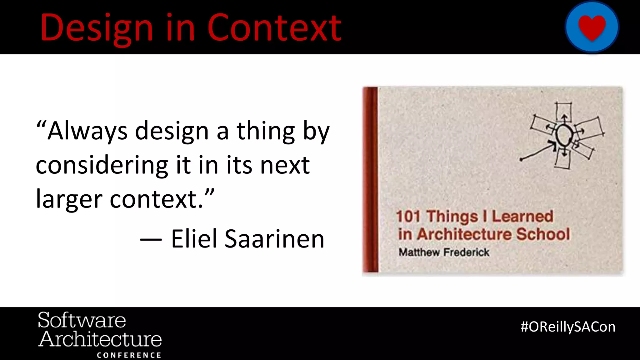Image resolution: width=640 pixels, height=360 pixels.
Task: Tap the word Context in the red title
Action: click(274, 28)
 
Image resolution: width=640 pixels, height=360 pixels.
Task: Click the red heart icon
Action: click(592, 27)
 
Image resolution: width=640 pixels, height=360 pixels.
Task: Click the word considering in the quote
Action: click(102, 165)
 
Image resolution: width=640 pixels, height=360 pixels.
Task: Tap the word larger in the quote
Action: click(69, 199)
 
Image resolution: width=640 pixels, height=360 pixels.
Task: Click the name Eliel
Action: click(194, 239)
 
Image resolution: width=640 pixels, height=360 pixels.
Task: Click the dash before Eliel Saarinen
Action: click(151, 240)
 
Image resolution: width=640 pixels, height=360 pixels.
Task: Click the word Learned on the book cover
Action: click(522, 216)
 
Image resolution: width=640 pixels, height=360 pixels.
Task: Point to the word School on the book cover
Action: click(543, 234)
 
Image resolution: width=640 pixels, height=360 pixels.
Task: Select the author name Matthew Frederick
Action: click(444, 252)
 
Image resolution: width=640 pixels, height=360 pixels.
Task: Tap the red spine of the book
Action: click(370, 180)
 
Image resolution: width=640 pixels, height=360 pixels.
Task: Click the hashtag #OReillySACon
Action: click(568, 327)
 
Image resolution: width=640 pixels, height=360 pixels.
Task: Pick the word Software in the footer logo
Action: click(82, 320)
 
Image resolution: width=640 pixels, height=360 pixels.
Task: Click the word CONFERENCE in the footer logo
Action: click(129, 355)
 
